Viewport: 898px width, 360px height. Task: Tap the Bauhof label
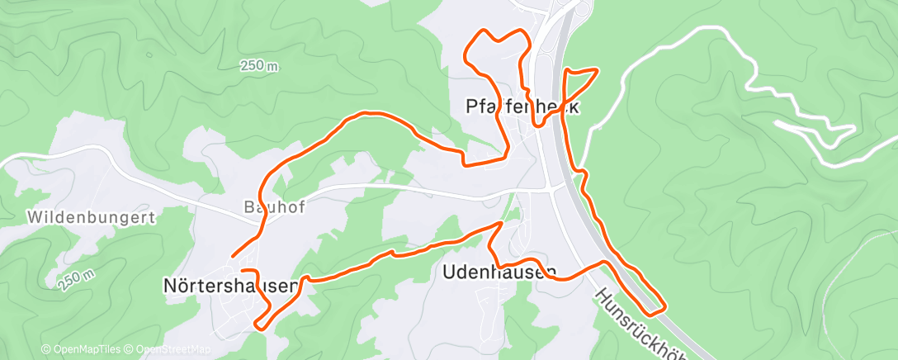pos(275,207)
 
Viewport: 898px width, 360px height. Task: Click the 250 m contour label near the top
pos(259,66)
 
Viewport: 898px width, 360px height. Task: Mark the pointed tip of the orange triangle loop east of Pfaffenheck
pos(597,70)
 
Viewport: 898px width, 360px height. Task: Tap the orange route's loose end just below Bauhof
pos(234,255)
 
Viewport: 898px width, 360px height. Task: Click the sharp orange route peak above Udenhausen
pos(500,223)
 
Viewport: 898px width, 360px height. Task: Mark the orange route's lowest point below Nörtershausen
pos(261,327)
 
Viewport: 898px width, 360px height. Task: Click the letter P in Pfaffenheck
pos(471,108)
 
